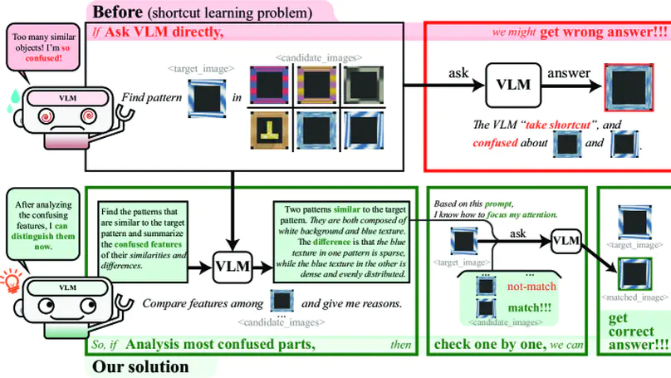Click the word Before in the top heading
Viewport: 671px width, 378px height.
[x=117, y=12]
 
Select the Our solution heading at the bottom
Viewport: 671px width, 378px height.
[x=140, y=366]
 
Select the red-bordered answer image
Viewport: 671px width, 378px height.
[x=629, y=86]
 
